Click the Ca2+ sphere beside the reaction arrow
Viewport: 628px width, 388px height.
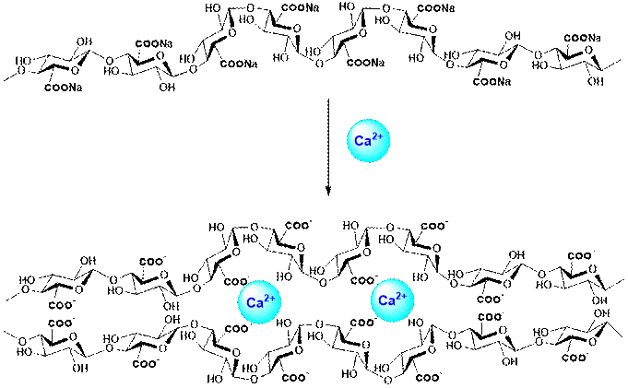pyautogui.click(x=363, y=140)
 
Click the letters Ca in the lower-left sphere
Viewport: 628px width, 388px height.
pyautogui.click(x=254, y=302)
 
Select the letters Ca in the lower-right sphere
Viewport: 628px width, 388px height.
pyautogui.click(x=386, y=302)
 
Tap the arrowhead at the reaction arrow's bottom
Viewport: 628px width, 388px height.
pyautogui.click(x=327, y=191)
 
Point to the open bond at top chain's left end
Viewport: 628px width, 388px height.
pyautogui.click(x=11, y=68)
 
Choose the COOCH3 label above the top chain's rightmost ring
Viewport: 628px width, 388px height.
pyautogui.click(x=579, y=37)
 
